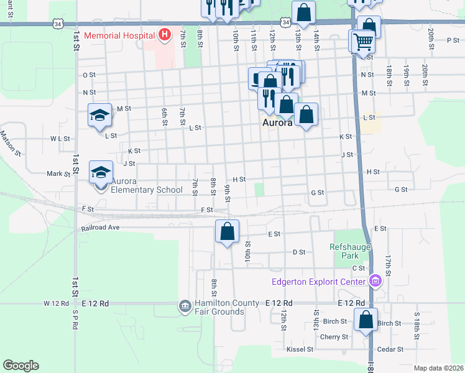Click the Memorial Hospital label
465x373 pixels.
tap(119, 35)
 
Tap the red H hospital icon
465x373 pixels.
tap(164, 35)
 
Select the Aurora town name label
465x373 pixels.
tap(276, 123)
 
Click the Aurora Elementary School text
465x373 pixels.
tap(146, 186)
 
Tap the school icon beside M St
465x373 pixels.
tap(99, 116)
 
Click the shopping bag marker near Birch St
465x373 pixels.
tap(366, 320)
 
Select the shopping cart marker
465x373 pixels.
tap(363, 42)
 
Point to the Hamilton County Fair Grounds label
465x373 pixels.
tap(228, 307)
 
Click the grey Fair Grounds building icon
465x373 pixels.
tap(185, 306)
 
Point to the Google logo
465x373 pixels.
tap(21, 366)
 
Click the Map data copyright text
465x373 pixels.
tap(438, 368)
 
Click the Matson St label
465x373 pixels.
tap(10, 142)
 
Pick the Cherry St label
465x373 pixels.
tap(334, 337)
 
